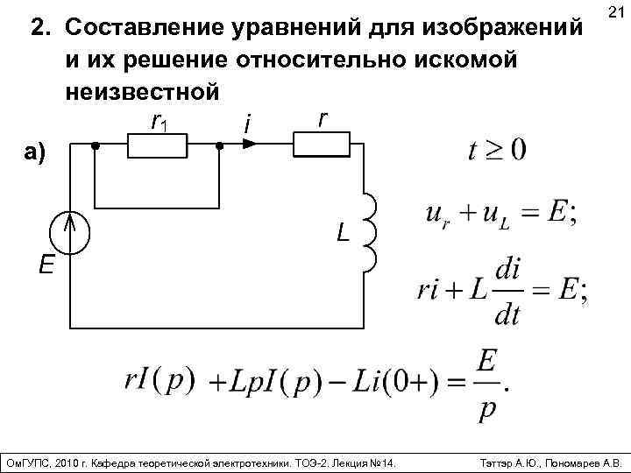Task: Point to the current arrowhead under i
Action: click(x=248, y=145)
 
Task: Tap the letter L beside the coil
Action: click(x=342, y=233)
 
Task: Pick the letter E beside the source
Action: click(x=46, y=264)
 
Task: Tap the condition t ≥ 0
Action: click(x=497, y=149)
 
